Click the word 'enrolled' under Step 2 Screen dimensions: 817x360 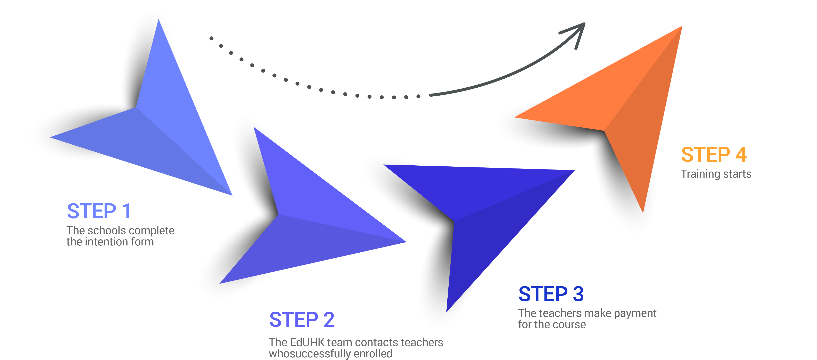[x=373, y=353]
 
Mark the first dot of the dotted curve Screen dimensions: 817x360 [x=211, y=38]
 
